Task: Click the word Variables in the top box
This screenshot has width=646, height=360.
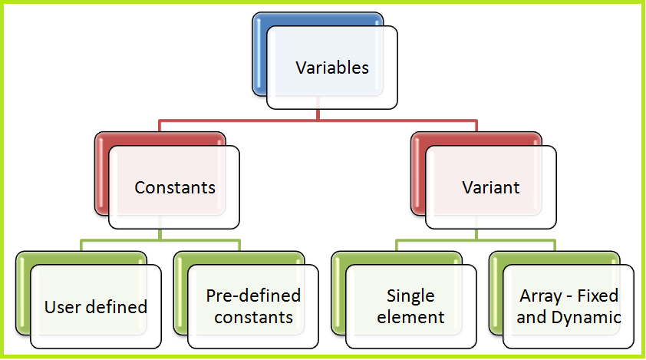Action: pos(332,68)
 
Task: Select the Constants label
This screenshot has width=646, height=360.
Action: pos(175,187)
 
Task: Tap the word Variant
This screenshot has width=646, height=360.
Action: pos(491,187)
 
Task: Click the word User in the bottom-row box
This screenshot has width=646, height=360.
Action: pos(61,307)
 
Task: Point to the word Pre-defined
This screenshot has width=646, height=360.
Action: pos(253,296)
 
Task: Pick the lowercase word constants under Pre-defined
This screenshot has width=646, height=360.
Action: pos(253,316)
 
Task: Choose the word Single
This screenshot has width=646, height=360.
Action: pos(410,296)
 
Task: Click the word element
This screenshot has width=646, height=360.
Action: pos(410,316)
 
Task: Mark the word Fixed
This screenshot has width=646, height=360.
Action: pos(599,296)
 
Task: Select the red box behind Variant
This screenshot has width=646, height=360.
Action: pos(417,177)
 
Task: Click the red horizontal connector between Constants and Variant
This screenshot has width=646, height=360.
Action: pos(318,121)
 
